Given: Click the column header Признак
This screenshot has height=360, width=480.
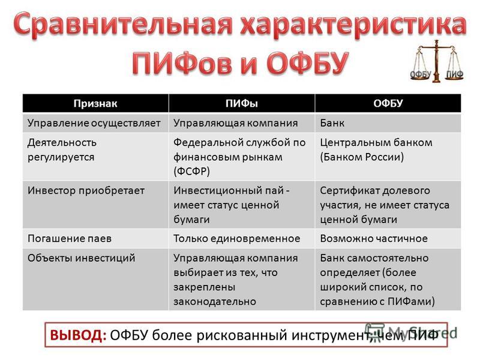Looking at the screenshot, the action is coord(95,103).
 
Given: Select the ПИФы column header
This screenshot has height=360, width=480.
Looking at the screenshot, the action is coord(242,103).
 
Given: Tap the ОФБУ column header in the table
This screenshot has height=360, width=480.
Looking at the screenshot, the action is coord(388,103).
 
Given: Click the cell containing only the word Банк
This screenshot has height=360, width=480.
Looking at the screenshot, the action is coord(332,123).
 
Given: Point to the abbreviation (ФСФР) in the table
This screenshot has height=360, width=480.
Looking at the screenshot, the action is coord(191,171).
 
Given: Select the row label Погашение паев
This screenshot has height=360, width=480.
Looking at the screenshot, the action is coord(70,238).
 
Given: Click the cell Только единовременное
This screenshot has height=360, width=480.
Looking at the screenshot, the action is coord(236,238).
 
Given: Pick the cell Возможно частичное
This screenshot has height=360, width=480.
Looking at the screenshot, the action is coord(374,238).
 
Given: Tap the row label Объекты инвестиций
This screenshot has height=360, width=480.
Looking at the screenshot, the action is coord(81,258).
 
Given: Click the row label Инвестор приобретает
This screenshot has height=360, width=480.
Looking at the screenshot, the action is coord(86,191).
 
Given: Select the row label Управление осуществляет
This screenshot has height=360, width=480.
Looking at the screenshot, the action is coord(94,123).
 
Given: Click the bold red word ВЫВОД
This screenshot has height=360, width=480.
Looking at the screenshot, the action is coord(78,335).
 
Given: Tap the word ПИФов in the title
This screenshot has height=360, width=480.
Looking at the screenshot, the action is coord(182,63).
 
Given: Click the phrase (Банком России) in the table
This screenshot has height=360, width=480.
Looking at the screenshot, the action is coord(362,157).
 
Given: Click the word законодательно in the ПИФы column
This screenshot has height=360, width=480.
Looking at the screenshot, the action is coord(215,302).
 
